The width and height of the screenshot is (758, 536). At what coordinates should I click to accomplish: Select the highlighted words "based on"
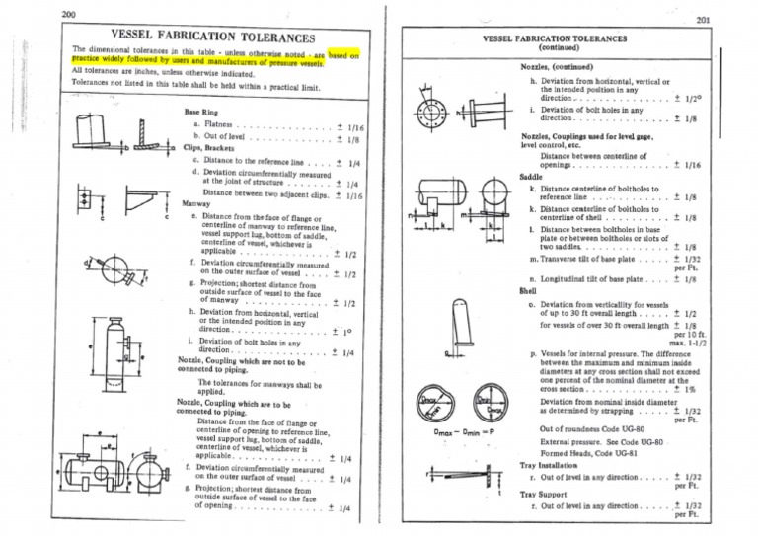[342, 55]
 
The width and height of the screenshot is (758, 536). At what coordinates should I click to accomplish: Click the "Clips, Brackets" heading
[210, 146]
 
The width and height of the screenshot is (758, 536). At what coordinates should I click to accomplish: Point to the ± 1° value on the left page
[341, 331]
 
